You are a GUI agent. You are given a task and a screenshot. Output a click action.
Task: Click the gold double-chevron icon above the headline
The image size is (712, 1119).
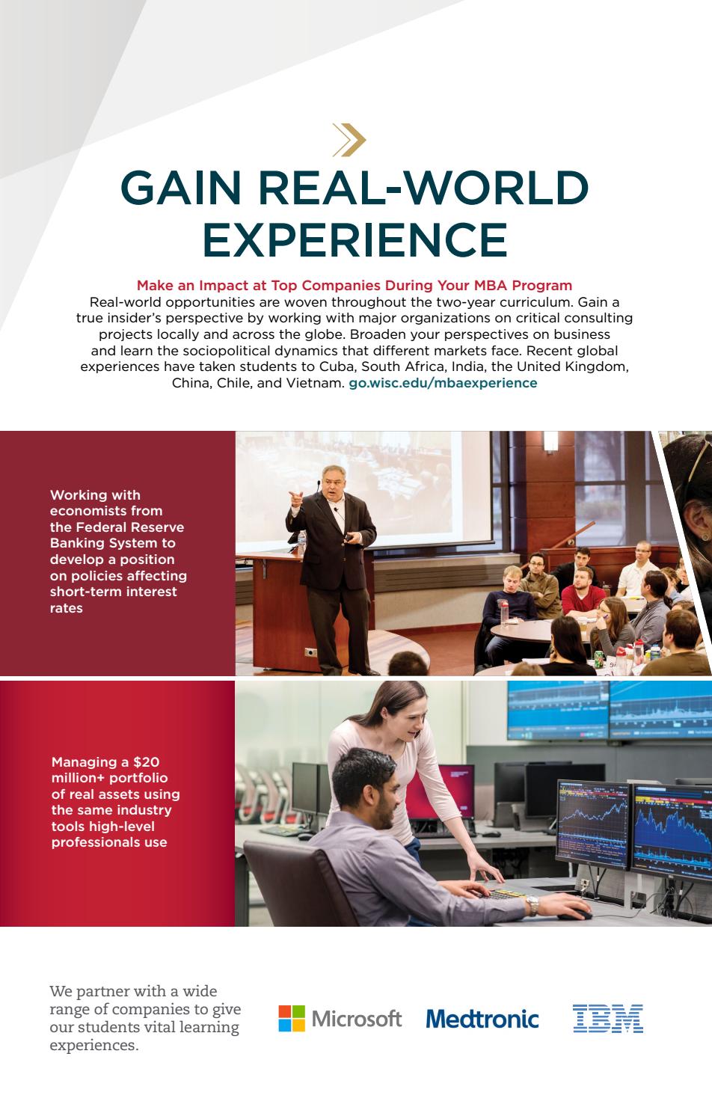(349, 139)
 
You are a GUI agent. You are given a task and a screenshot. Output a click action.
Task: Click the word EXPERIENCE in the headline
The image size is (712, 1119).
(355, 239)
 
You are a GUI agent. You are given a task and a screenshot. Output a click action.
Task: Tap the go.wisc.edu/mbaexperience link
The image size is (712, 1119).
(443, 383)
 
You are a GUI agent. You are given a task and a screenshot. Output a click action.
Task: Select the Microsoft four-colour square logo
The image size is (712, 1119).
(292, 1018)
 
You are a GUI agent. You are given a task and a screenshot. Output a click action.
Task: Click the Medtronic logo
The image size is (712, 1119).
(482, 1019)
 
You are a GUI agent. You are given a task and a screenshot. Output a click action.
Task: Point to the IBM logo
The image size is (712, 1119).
(608, 1019)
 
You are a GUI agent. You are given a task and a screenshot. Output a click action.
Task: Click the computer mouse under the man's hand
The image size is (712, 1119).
(574, 915)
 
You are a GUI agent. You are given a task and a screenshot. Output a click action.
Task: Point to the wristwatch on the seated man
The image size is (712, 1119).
(532, 906)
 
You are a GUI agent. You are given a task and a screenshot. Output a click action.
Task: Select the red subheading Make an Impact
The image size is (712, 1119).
(354, 285)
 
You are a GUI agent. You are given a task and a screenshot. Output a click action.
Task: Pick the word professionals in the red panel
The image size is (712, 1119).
(109, 842)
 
